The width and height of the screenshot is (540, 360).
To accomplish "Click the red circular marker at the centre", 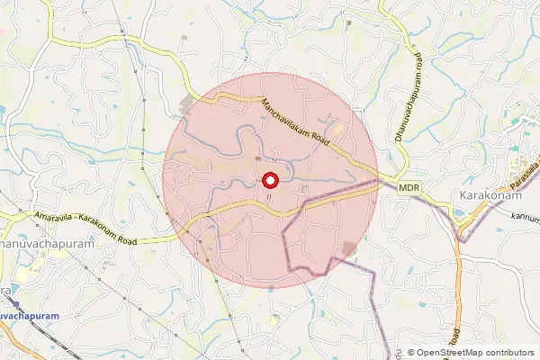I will (x=270, y=180).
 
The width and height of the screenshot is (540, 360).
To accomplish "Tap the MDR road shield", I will (x=409, y=187).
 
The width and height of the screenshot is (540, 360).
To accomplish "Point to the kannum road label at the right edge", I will (x=521, y=217).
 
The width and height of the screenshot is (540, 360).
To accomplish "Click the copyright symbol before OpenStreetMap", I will (x=411, y=353).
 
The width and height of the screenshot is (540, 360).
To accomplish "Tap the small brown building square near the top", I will (x=185, y=37).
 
